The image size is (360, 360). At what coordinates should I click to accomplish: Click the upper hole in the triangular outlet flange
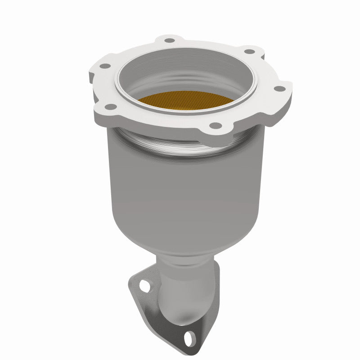tap(144, 284)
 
